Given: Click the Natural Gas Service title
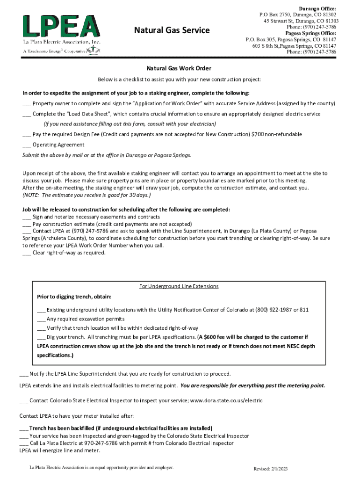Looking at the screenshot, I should [172, 31].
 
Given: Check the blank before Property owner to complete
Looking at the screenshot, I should [27, 103].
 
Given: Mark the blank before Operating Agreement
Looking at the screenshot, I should [27, 145].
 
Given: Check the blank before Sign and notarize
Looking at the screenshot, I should [27, 217].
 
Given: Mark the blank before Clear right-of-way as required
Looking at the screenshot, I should [27, 253].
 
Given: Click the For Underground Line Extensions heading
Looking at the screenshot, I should [179, 286].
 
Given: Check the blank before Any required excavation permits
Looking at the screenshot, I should [41, 319].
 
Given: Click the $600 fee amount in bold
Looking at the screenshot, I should [209, 337].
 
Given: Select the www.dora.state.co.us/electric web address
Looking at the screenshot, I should [226, 401].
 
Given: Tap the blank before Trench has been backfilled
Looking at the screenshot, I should [23, 428].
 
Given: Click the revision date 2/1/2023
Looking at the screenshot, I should [277, 469].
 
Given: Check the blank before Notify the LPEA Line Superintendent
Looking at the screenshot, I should [23, 374].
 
